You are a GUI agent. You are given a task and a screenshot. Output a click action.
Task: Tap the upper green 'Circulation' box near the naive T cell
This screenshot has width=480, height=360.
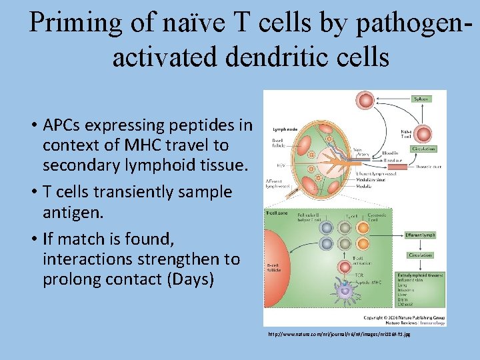click(x=423, y=149)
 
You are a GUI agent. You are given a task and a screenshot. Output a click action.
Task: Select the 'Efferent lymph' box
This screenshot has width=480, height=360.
click(x=421, y=235)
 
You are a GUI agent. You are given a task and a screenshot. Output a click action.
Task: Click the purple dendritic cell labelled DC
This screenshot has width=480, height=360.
click(x=345, y=290)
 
